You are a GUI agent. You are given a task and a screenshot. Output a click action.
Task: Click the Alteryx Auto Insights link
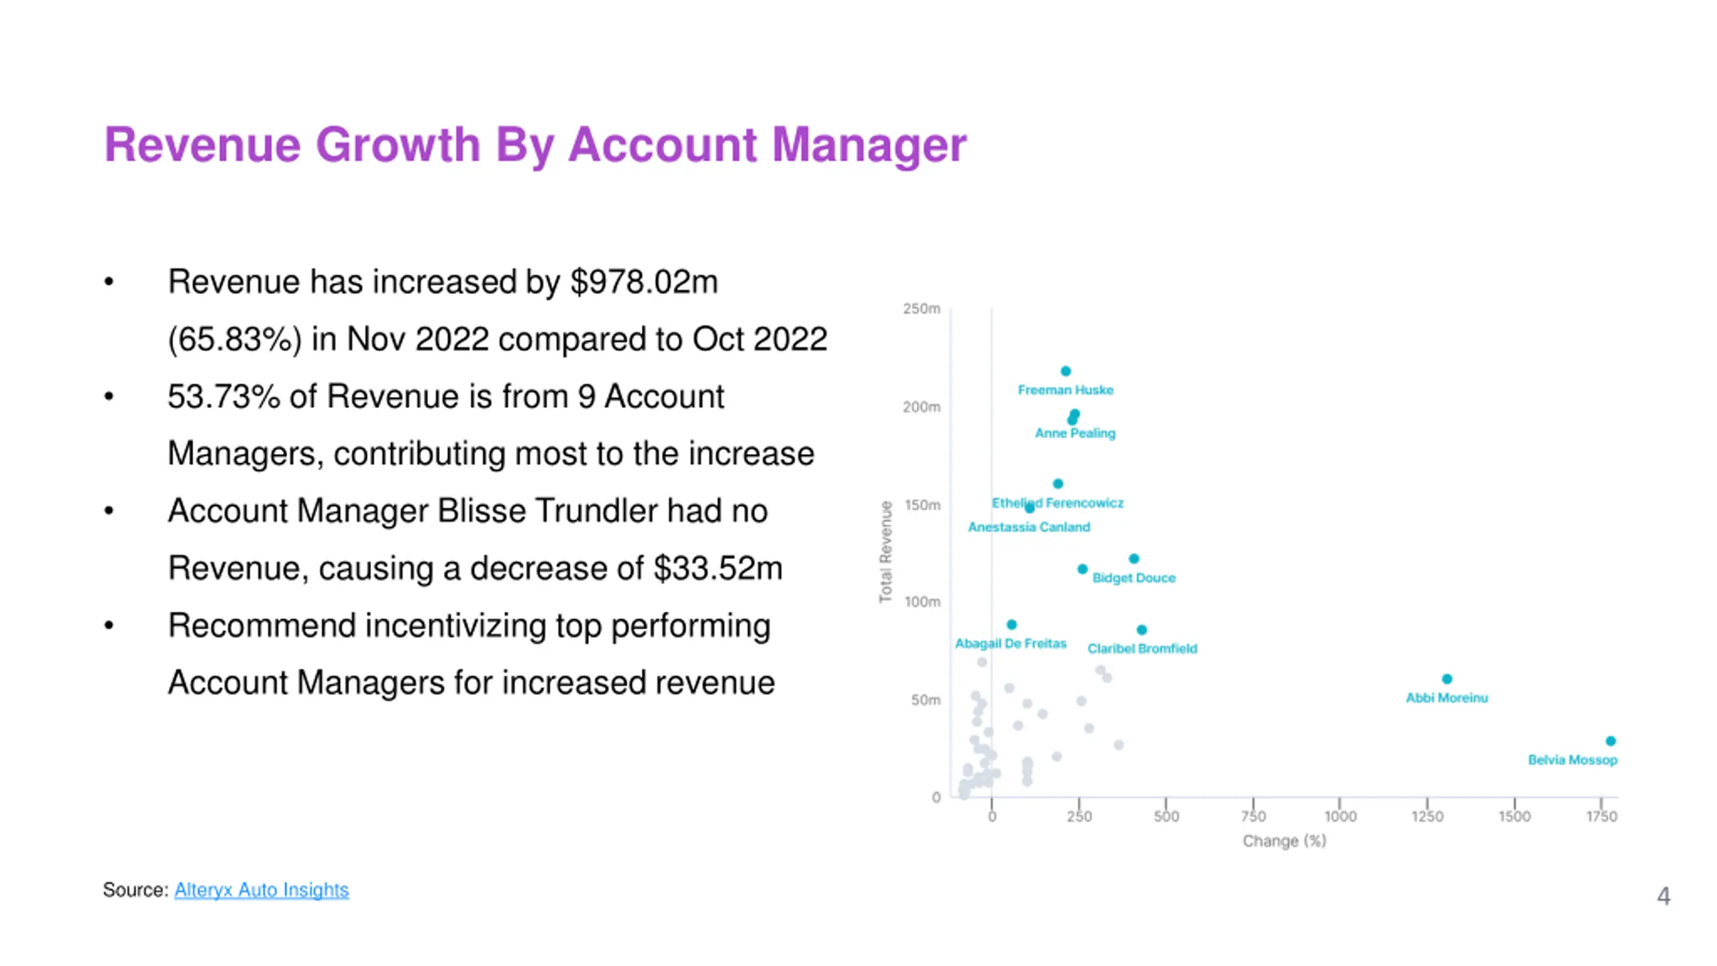point(261,890)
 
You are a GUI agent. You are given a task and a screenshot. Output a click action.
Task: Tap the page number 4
point(1663,896)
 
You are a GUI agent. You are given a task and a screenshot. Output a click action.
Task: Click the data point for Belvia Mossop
point(1610,741)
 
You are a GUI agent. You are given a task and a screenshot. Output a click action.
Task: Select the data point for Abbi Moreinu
point(1447,679)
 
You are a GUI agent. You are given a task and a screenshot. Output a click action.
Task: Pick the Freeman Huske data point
point(1066,371)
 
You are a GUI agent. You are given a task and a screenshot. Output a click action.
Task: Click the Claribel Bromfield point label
point(1142,649)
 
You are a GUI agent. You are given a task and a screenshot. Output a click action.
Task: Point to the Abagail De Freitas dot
point(1011,625)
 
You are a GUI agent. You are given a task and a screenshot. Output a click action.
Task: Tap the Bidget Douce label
point(1133,578)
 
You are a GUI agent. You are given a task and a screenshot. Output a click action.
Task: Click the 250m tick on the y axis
point(922,309)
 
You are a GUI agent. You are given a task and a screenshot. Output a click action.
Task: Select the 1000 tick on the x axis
point(1340,816)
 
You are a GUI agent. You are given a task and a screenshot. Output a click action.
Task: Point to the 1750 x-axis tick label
point(1602,816)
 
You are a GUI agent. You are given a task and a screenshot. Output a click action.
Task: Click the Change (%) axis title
point(1284,841)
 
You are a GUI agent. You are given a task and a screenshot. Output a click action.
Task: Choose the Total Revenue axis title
point(886,551)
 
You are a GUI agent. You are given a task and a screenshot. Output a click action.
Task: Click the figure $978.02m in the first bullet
point(644,282)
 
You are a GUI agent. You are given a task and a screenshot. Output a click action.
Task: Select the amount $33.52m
point(718,568)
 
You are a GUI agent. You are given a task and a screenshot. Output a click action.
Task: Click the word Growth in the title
point(398,145)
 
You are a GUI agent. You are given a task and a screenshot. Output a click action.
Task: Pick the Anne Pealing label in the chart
point(1074,433)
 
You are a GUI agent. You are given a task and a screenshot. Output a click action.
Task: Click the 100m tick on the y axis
point(922,602)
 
